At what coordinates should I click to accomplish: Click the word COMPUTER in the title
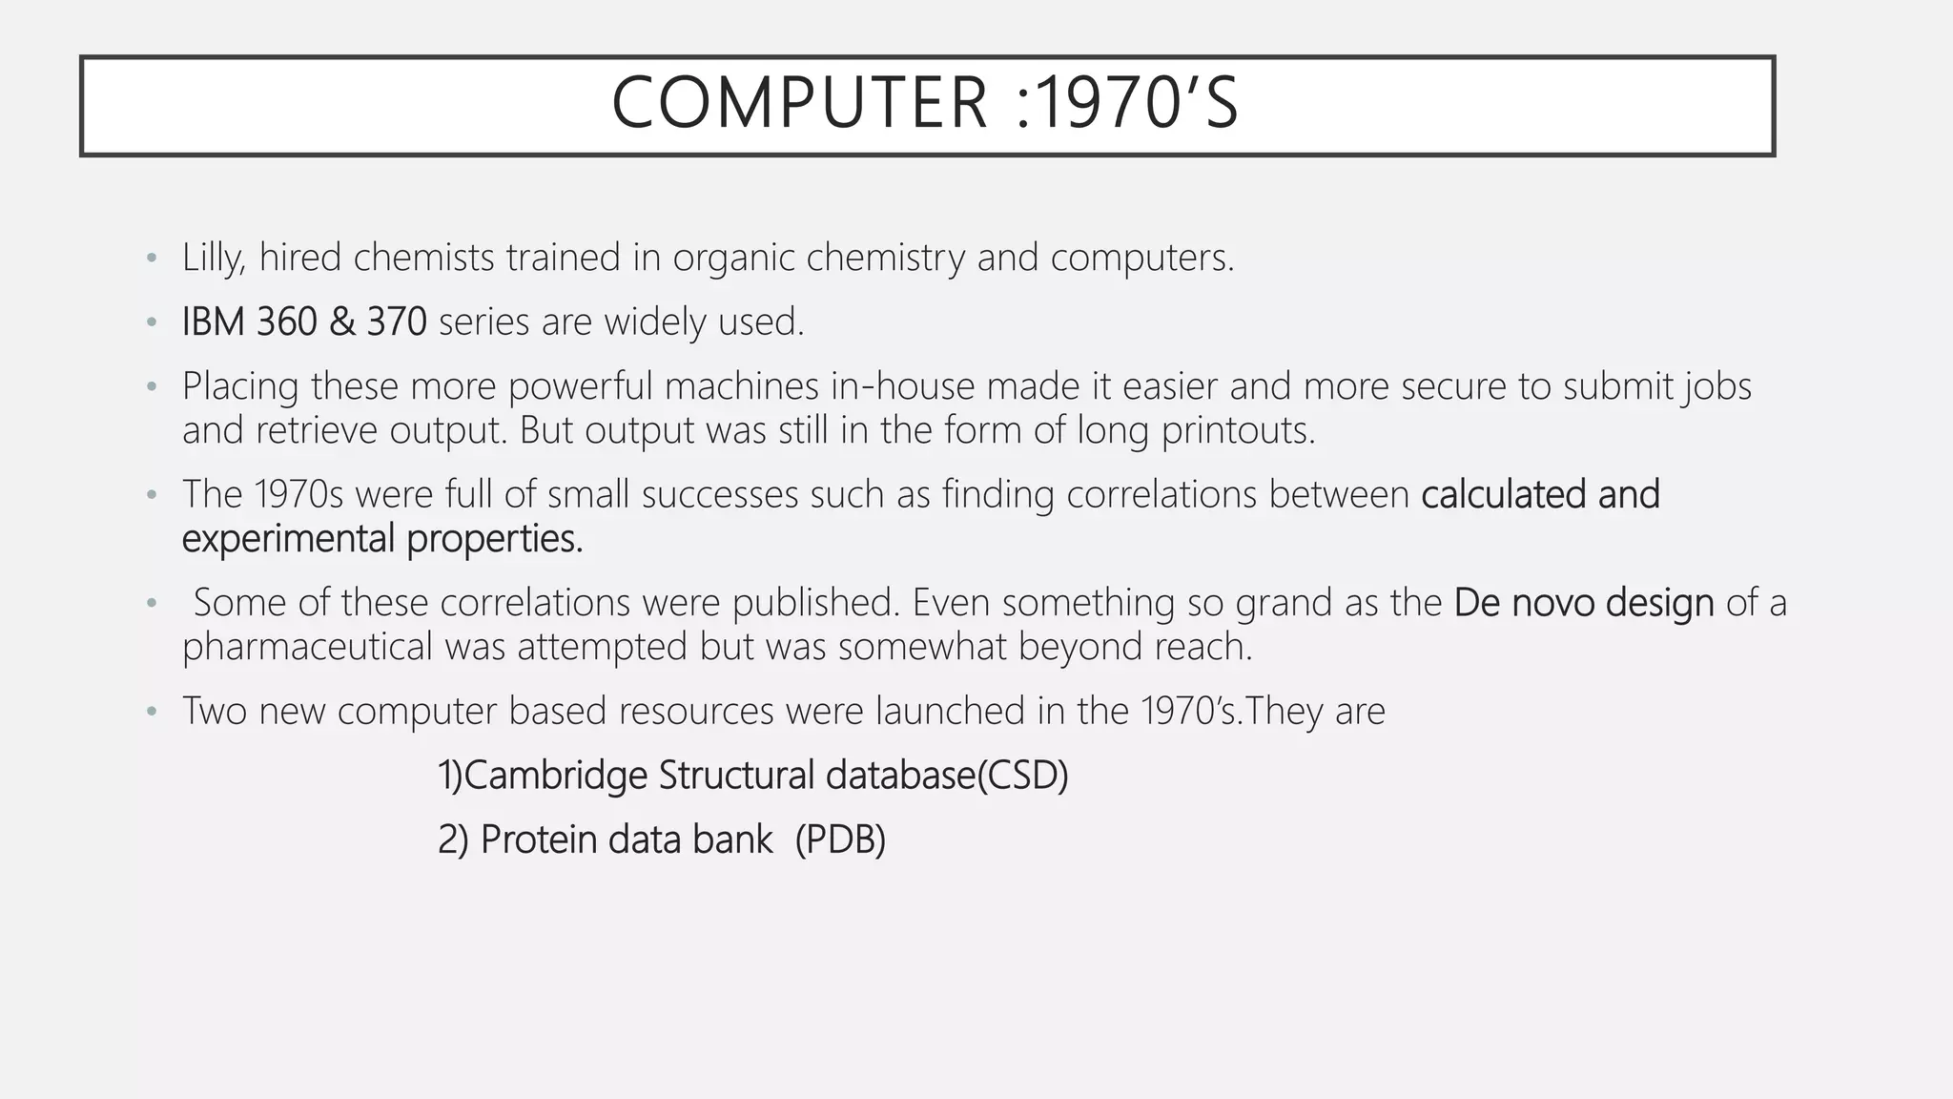click(799, 103)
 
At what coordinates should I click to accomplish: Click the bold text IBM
click(213, 321)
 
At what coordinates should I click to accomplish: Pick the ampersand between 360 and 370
click(341, 321)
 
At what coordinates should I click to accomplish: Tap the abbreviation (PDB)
click(840, 840)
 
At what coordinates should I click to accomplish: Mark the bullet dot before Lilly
click(151, 259)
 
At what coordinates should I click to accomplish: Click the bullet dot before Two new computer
click(151, 712)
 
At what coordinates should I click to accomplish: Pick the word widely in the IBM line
click(655, 321)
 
